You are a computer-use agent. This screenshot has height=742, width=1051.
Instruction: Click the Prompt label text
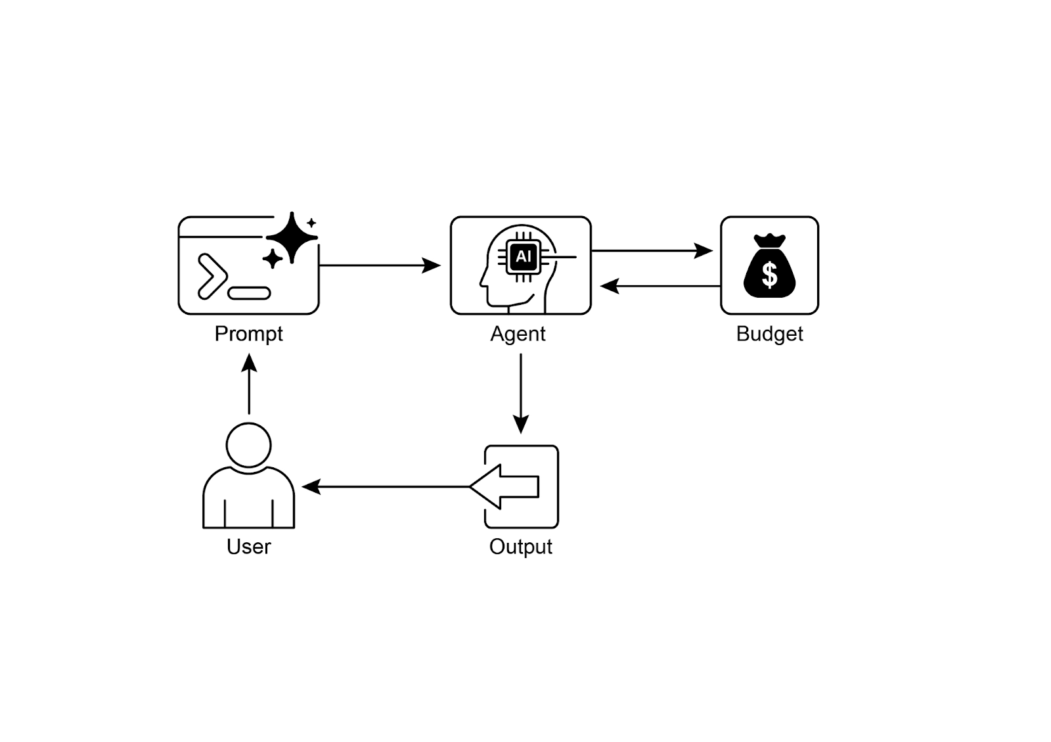point(248,334)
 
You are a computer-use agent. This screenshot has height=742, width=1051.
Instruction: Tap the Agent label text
point(518,334)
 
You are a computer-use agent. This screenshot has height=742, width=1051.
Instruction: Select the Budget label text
point(769,334)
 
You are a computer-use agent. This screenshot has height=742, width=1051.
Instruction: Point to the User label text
point(248,546)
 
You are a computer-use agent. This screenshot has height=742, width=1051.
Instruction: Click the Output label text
point(520,546)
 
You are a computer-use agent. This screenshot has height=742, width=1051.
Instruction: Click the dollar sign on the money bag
point(769,275)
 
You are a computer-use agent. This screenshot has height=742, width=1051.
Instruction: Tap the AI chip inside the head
point(523,256)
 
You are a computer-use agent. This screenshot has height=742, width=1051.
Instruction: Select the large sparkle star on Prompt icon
point(292,237)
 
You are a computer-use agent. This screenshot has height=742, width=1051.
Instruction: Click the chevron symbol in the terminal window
point(212,276)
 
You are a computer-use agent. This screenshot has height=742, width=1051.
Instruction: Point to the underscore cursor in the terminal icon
point(249,293)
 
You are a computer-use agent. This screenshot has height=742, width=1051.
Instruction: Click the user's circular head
point(248,445)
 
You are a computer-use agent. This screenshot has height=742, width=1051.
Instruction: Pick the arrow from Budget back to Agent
point(660,286)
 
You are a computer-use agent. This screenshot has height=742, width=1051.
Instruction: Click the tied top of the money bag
point(769,240)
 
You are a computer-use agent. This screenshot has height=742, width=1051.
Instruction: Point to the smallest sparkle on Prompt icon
point(311,223)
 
